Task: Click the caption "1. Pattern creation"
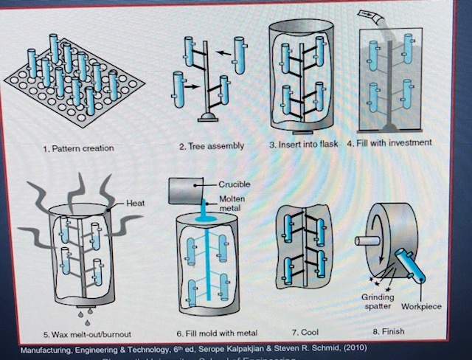78,148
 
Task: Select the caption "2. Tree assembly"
212,146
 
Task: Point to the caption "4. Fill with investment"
387,142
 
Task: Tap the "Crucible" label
234,184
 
